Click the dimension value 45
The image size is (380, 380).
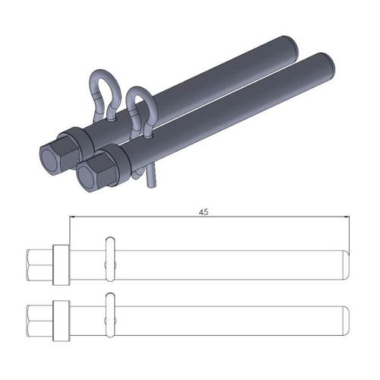pos(204,213)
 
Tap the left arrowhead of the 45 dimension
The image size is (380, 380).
pos(72,219)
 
